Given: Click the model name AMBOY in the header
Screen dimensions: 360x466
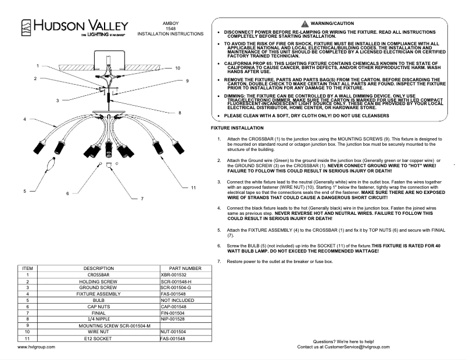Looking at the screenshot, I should pyautogui.click(x=171, y=23).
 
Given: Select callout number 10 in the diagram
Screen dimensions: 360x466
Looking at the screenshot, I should pyautogui.click(x=178, y=69).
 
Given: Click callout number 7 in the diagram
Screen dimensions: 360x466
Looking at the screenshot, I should pyautogui.click(x=142, y=199).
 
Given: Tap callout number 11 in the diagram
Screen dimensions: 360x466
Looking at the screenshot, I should pyautogui.click(x=193, y=188).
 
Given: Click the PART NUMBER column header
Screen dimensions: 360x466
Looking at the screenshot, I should pyautogui.click(x=184, y=268).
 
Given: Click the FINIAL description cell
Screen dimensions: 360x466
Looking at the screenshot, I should pyautogui.click(x=98, y=313).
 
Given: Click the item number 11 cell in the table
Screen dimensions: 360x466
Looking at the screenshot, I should pyautogui.click(x=27, y=339).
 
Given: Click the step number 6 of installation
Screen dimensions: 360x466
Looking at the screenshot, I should pyautogui.click(x=219, y=246).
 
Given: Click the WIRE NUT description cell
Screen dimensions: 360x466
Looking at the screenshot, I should pyautogui.click(x=98, y=332).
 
